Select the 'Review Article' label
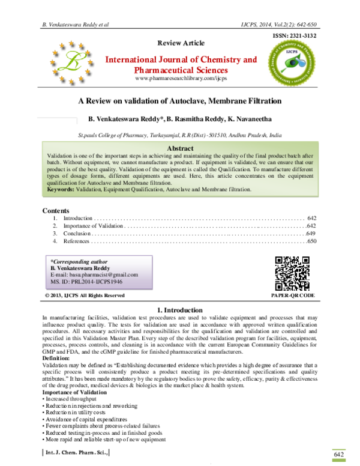181,43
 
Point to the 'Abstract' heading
180,148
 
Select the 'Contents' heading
56,211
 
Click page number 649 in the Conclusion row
310,234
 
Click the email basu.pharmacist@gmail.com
95,274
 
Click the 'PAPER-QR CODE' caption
293,296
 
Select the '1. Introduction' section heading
180,310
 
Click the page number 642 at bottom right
339,454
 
